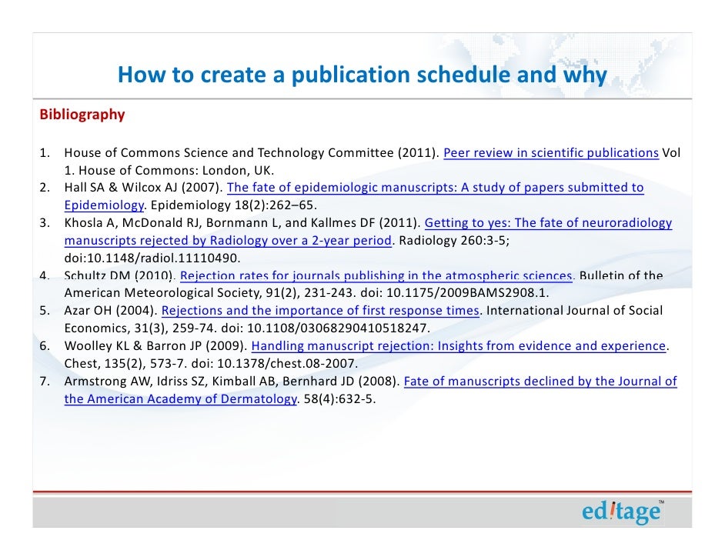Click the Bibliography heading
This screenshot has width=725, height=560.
pos(82,115)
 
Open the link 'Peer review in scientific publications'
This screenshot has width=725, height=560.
pos(550,152)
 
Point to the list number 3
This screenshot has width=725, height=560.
pos(45,223)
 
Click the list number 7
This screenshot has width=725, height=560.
pos(45,382)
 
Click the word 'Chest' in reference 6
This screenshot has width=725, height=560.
pos(82,364)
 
